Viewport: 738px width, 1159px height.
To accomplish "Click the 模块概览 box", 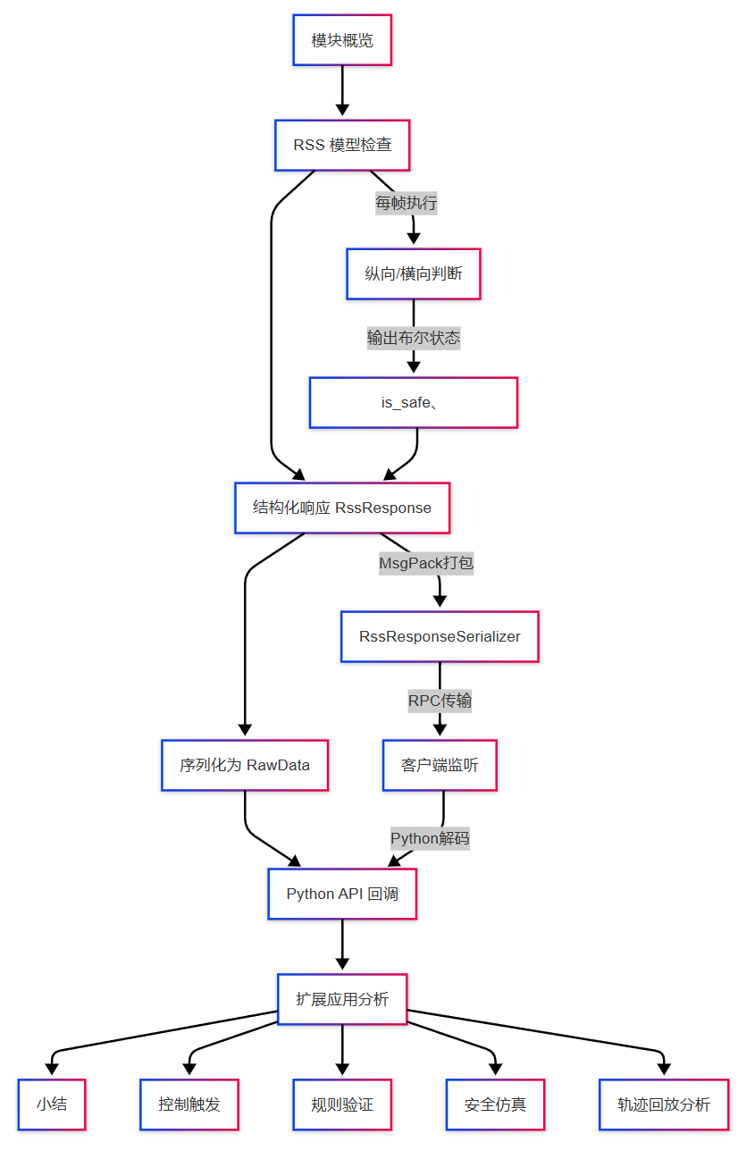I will point(342,40).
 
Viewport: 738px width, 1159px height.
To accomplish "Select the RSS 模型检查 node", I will point(342,145).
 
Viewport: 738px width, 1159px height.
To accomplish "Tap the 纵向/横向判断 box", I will point(413,273).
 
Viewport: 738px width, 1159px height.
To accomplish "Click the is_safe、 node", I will point(413,402).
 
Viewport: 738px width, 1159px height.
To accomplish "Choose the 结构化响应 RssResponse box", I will point(342,508).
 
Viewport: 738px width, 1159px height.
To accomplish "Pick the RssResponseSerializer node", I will point(440,636).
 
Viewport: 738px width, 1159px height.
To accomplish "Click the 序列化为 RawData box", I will point(245,765).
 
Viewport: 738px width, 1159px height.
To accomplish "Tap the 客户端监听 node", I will point(440,765).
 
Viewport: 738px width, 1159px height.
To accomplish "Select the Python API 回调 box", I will point(342,894).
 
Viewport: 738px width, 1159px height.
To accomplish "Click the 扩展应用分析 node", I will point(342,999).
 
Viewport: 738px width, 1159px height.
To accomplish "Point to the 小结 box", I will point(52,1104).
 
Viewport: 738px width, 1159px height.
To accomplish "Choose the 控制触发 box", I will point(189,1104).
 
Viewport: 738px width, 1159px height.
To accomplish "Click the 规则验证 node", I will point(342,1104).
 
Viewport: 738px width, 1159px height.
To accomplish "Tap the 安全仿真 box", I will point(495,1104).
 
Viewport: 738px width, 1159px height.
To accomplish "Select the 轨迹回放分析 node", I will point(663,1104).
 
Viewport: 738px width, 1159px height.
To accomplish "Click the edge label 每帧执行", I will point(406,204).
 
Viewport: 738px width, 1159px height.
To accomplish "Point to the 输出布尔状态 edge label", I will point(413,338).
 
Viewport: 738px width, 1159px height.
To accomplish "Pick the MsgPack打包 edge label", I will point(426,564).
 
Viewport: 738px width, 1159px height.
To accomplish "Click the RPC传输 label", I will point(440,701).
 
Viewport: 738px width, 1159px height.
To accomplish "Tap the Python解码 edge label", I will point(430,838).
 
